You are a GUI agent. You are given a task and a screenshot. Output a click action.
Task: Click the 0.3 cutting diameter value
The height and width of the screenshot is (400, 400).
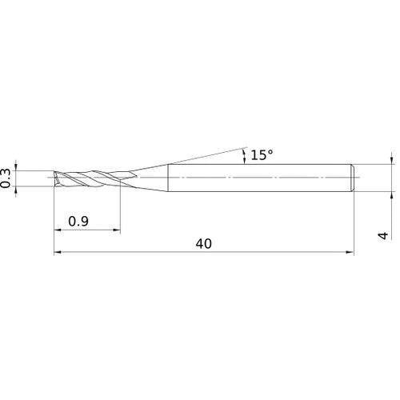point(7,178)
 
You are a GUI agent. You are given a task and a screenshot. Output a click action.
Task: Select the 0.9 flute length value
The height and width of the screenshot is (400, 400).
point(78,222)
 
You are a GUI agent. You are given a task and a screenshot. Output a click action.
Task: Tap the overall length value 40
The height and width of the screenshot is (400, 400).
point(203,244)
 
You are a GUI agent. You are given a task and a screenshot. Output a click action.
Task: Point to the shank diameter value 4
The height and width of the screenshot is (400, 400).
point(383,235)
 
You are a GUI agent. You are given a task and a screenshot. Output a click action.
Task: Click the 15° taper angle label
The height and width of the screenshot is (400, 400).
point(261,155)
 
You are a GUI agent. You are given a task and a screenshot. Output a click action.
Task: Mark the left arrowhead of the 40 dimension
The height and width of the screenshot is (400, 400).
point(58,253)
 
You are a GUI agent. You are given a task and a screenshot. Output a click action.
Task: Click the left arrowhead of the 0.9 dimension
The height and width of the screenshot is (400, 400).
point(58,231)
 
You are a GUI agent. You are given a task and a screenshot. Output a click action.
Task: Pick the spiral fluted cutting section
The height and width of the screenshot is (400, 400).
point(88,177)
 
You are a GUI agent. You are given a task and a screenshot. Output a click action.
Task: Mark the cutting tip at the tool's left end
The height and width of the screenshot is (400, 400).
point(56,178)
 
